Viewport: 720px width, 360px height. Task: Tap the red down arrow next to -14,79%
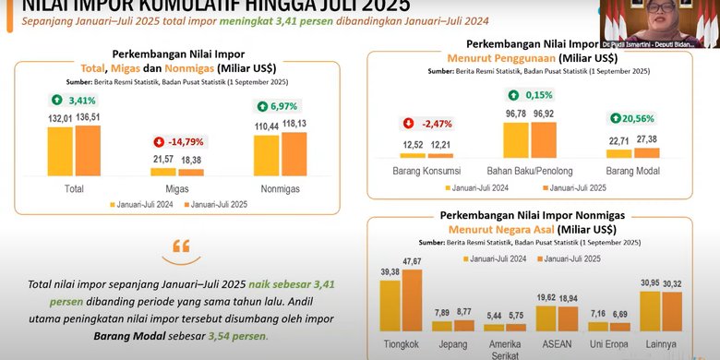pos(158,142)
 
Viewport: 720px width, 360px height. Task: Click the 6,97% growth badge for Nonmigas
pos(277,105)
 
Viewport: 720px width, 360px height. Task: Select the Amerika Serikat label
pos(505,349)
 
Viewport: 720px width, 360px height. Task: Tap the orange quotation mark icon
pos(181,246)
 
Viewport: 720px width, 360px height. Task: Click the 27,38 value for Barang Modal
pos(646,138)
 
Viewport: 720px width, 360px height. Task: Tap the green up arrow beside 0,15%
pos(512,95)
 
